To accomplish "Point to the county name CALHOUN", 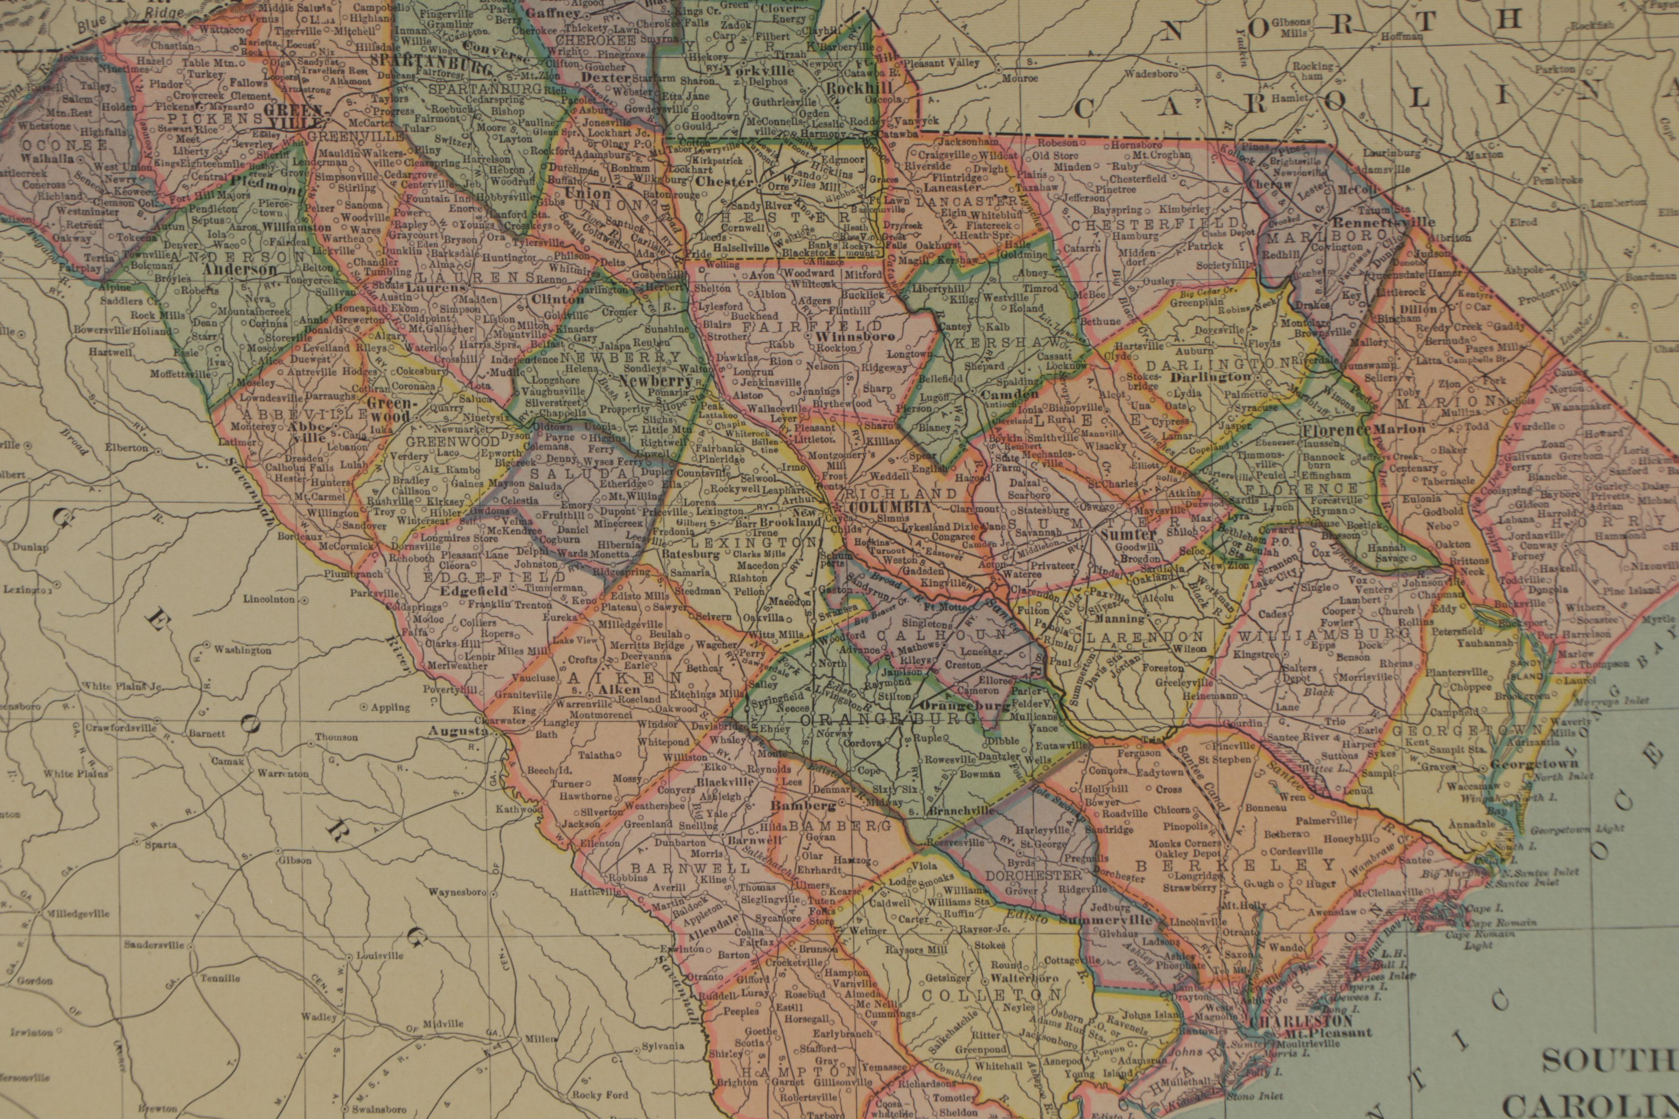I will coord(905,635).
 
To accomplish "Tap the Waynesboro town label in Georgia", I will coord(458,892).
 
